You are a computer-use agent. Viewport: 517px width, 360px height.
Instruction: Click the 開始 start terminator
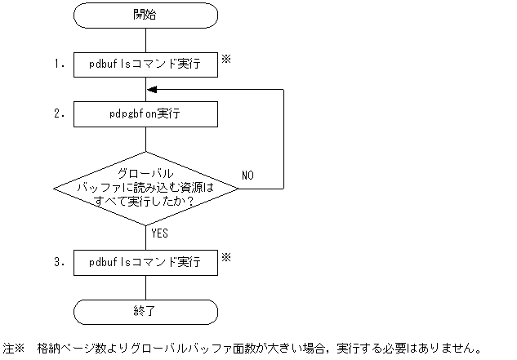pyautogui.click(x=145, y=15)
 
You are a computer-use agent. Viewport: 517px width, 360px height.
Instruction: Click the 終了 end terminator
pyautogui.click(x=145, y=312)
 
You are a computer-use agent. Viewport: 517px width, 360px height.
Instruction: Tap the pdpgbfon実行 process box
pyautogui.click(x=145, y=114)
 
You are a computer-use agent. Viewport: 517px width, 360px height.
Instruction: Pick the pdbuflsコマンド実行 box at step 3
pyautogui.click(x=145, y=263)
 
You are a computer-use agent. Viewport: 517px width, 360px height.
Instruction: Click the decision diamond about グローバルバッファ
pyautogui.click(x=145, y=188)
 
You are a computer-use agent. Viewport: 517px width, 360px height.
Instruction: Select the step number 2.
pyautogui.click(x=59, y=114)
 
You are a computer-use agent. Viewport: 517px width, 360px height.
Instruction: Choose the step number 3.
pyautogui.click(x=59, y=263)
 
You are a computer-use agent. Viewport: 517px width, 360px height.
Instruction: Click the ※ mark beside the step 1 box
pyautogui.click(x=228, y=59)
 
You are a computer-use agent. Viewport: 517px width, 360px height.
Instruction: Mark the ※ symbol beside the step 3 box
pyautogui.click(x=228, y=256)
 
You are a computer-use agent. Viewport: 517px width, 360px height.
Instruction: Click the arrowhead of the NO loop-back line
pyautogui.click(x=151, y=90)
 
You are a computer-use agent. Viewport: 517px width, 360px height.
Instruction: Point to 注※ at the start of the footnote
pyautogui.click(x=15, y=347)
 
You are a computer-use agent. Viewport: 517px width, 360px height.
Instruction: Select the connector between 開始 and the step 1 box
pyautogui.click(x=145, y=39)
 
